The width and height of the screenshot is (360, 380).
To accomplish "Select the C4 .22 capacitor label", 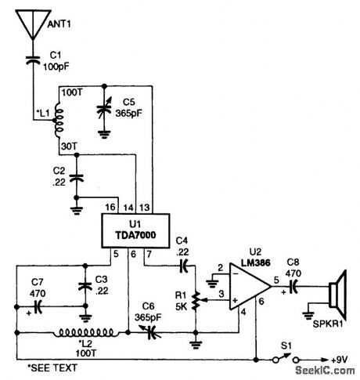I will pyautogui.click(x=182, y=244).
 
